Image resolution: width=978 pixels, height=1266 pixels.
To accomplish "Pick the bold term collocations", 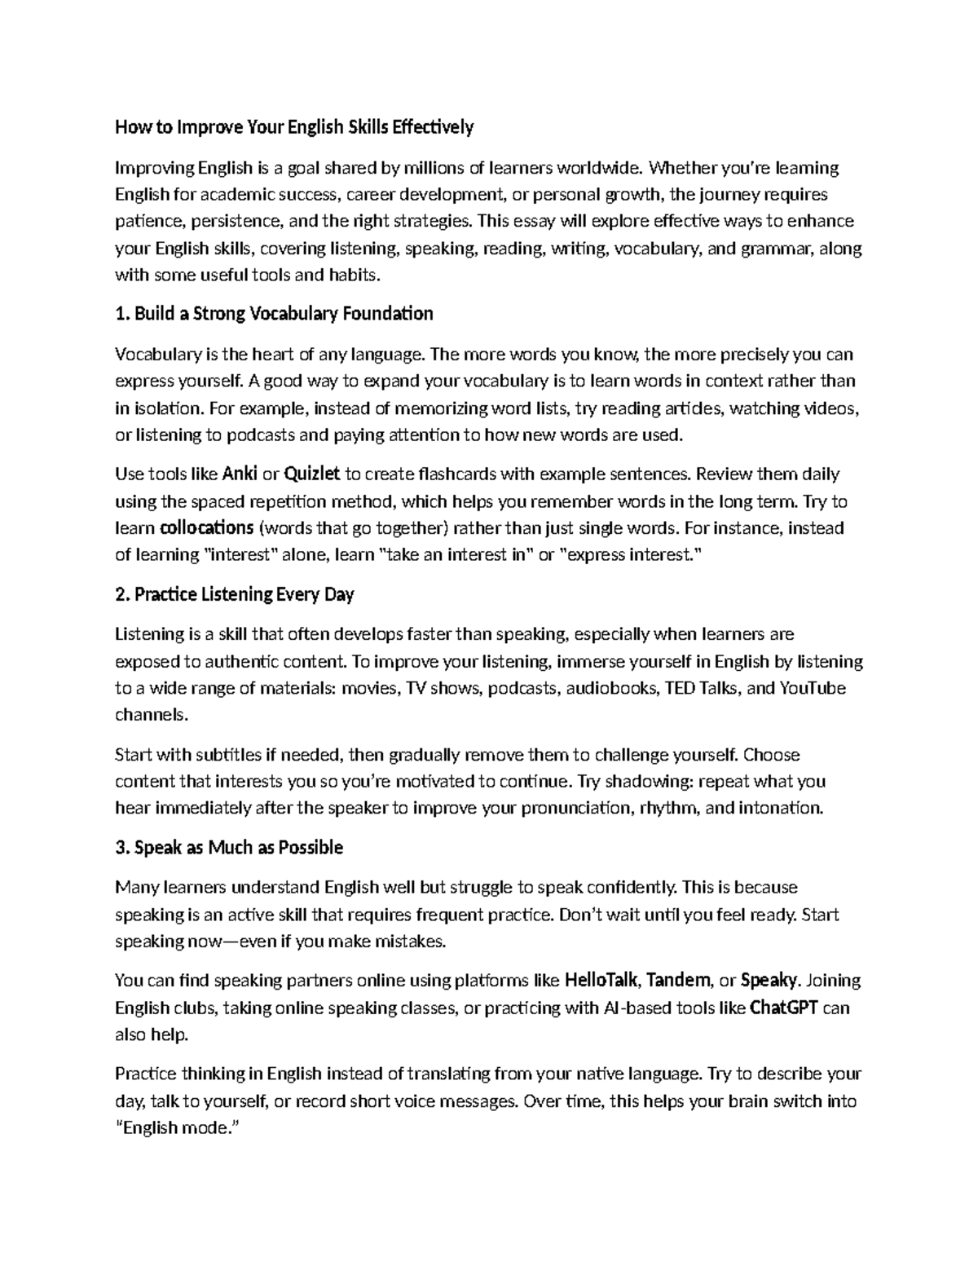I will point(207,528).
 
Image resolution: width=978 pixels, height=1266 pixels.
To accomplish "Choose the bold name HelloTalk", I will point(602,980).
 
